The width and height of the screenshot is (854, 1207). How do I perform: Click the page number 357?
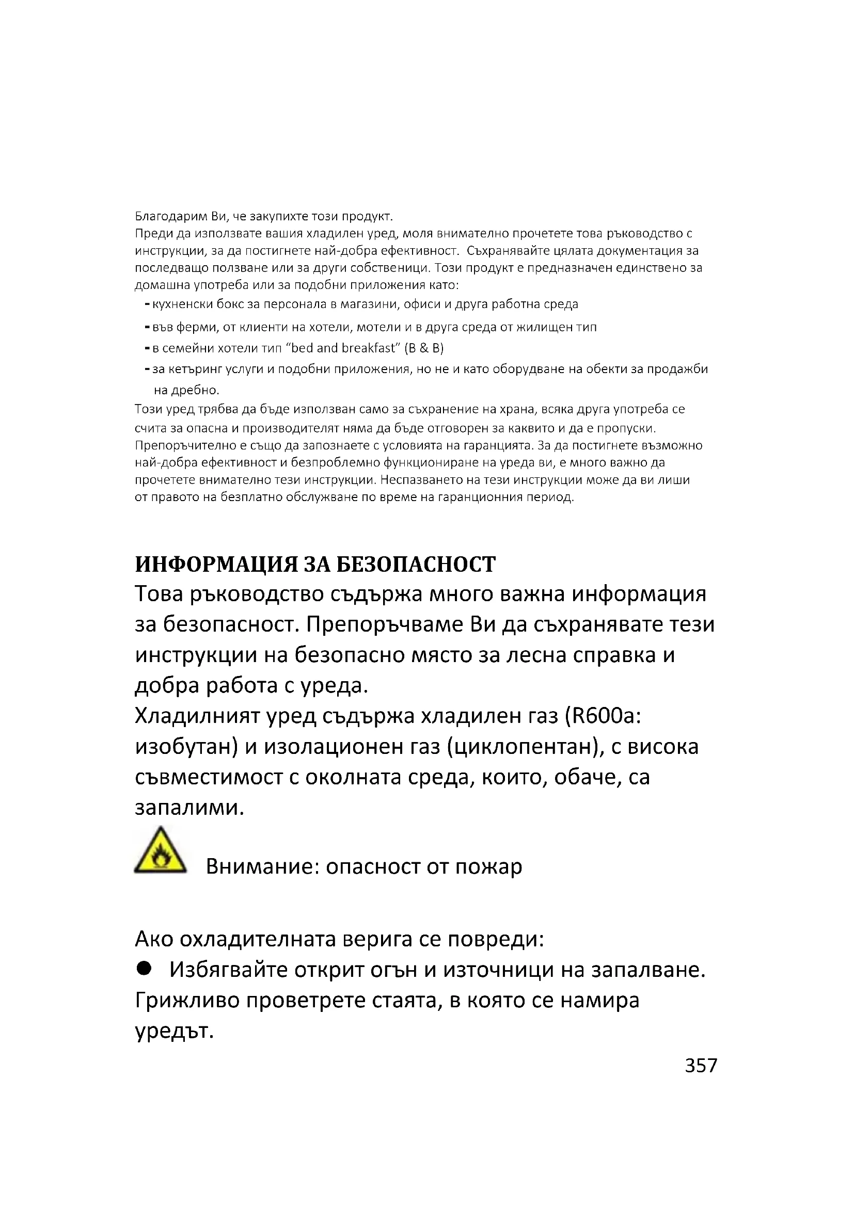pyautogui.click(x=701, y=1066)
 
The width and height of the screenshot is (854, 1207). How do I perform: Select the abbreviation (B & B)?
pyautogui.click(x=424, y=348)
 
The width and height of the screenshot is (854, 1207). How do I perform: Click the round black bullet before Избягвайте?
pyautogui.click(x=144, y=969)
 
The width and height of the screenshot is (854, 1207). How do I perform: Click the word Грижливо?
pyautogui.click(x=187, y=1001)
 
